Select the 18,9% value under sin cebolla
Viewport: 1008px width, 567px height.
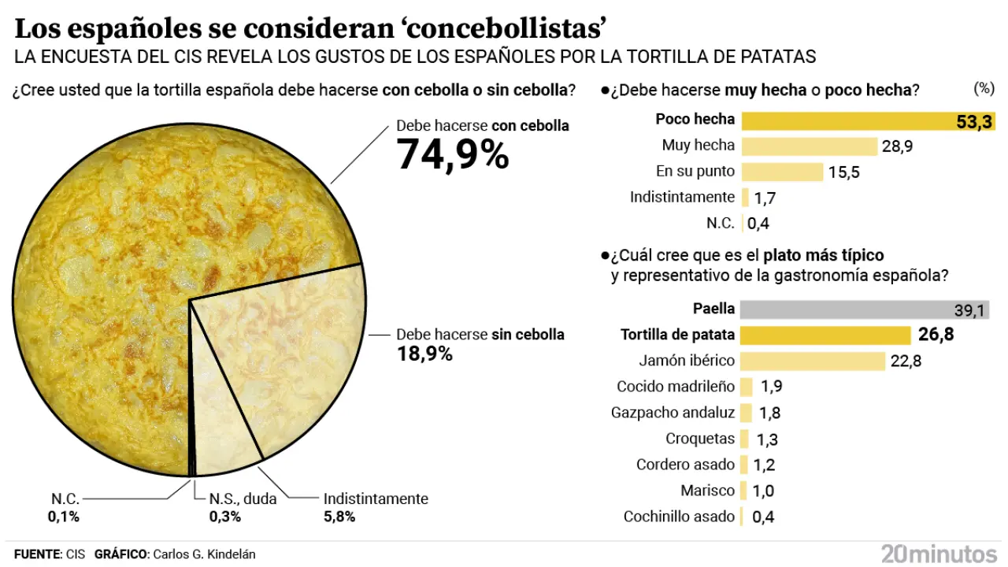click(x=424, y=354)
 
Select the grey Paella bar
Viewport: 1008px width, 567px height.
click(x=865, y=309)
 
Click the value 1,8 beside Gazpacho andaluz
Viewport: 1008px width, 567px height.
click(x=770, y=413)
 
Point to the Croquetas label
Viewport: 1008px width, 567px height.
click(x=700, y=439)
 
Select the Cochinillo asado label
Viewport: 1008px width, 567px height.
click(x=679, y=517)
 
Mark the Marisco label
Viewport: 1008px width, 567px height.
click(x=708, y=491)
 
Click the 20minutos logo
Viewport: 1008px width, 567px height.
click(x=939, y=553)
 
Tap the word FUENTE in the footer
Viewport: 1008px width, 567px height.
click(x=37, y=554)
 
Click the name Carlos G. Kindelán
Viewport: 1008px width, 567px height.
click(x=204, y=554)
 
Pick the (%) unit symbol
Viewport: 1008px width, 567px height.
click(x=984, y=88)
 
